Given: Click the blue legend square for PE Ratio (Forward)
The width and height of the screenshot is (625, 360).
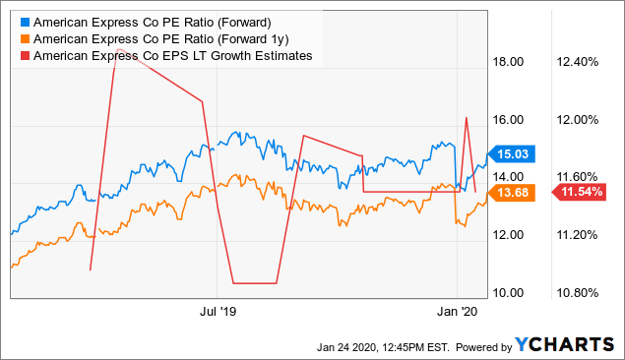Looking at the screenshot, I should point(23,21).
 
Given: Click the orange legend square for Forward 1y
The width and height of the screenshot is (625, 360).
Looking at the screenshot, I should point(23,38).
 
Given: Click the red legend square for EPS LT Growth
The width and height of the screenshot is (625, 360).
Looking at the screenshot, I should point(23,56).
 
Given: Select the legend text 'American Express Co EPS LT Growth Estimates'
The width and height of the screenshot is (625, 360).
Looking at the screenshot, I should point(172,56).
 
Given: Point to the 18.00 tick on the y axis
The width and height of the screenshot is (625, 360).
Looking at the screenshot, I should point(508,62).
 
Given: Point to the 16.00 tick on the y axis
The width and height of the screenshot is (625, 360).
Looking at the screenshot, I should point(508,120).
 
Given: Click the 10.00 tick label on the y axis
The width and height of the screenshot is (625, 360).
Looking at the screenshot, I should point(508,293).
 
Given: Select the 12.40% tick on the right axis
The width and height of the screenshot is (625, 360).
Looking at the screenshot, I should point(579,62).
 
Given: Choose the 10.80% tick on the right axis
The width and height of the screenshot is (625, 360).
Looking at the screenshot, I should point(579,293).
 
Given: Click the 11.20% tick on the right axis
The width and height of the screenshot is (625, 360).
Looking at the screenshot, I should point(579,235).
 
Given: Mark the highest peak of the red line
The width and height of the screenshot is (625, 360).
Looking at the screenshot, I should point(118,48).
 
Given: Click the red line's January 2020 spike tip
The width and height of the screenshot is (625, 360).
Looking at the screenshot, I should point(466,117).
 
